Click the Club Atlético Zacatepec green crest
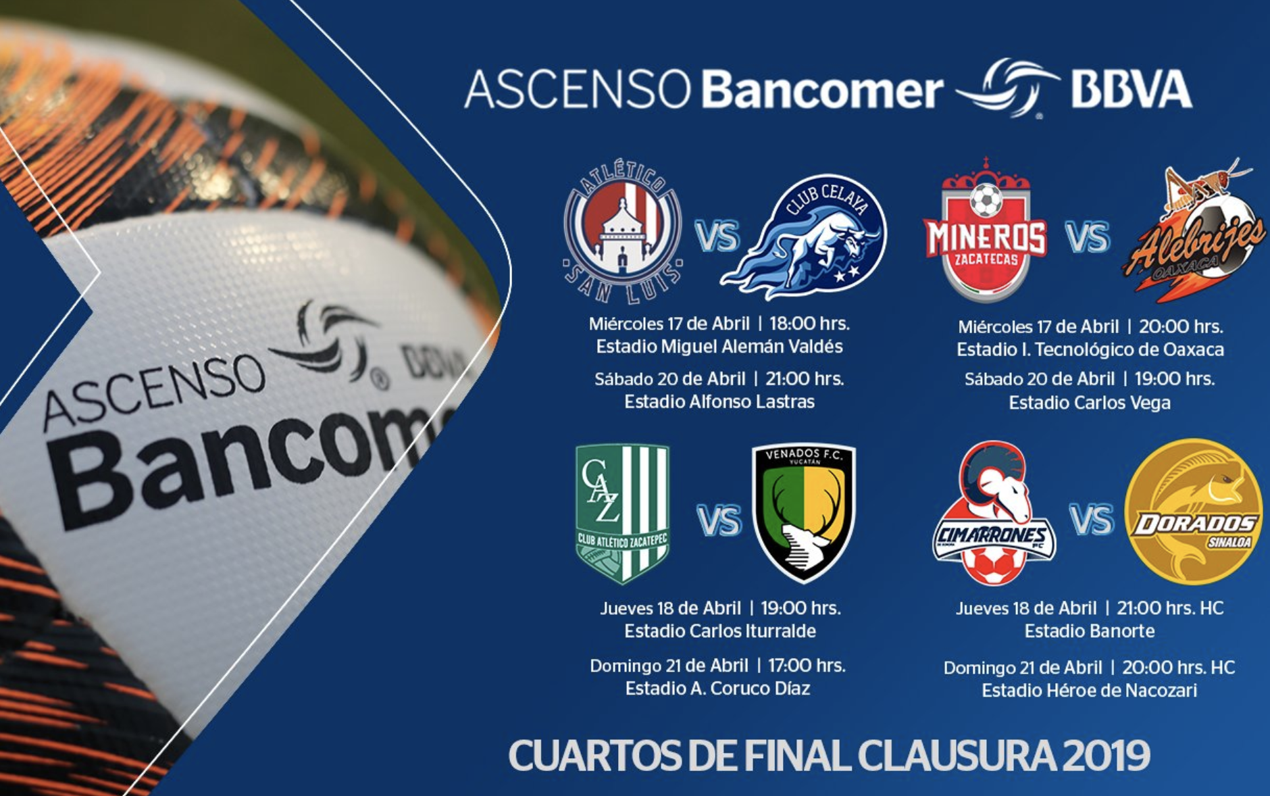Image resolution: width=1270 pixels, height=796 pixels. click(x=622, y=514)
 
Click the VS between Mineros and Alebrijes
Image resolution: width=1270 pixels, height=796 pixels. click(x=1087, y=238)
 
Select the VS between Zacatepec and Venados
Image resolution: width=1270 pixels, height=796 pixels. click(x=719, y=520)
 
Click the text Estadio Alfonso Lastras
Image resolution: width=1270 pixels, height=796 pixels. click(x=719, y=402)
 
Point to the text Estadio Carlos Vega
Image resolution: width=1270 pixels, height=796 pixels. click(x=1090, y=403)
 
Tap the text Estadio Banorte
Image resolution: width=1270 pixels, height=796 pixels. click(x=1090, y=631)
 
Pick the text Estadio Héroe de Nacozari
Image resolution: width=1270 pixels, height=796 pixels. click(x=1090, y=691)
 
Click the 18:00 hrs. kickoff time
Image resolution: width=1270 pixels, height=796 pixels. click(x=809, y=324)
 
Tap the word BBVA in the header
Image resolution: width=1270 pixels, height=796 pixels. click(x=1132, y=90)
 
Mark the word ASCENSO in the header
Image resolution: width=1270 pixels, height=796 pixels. click(x=578, y=90)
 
